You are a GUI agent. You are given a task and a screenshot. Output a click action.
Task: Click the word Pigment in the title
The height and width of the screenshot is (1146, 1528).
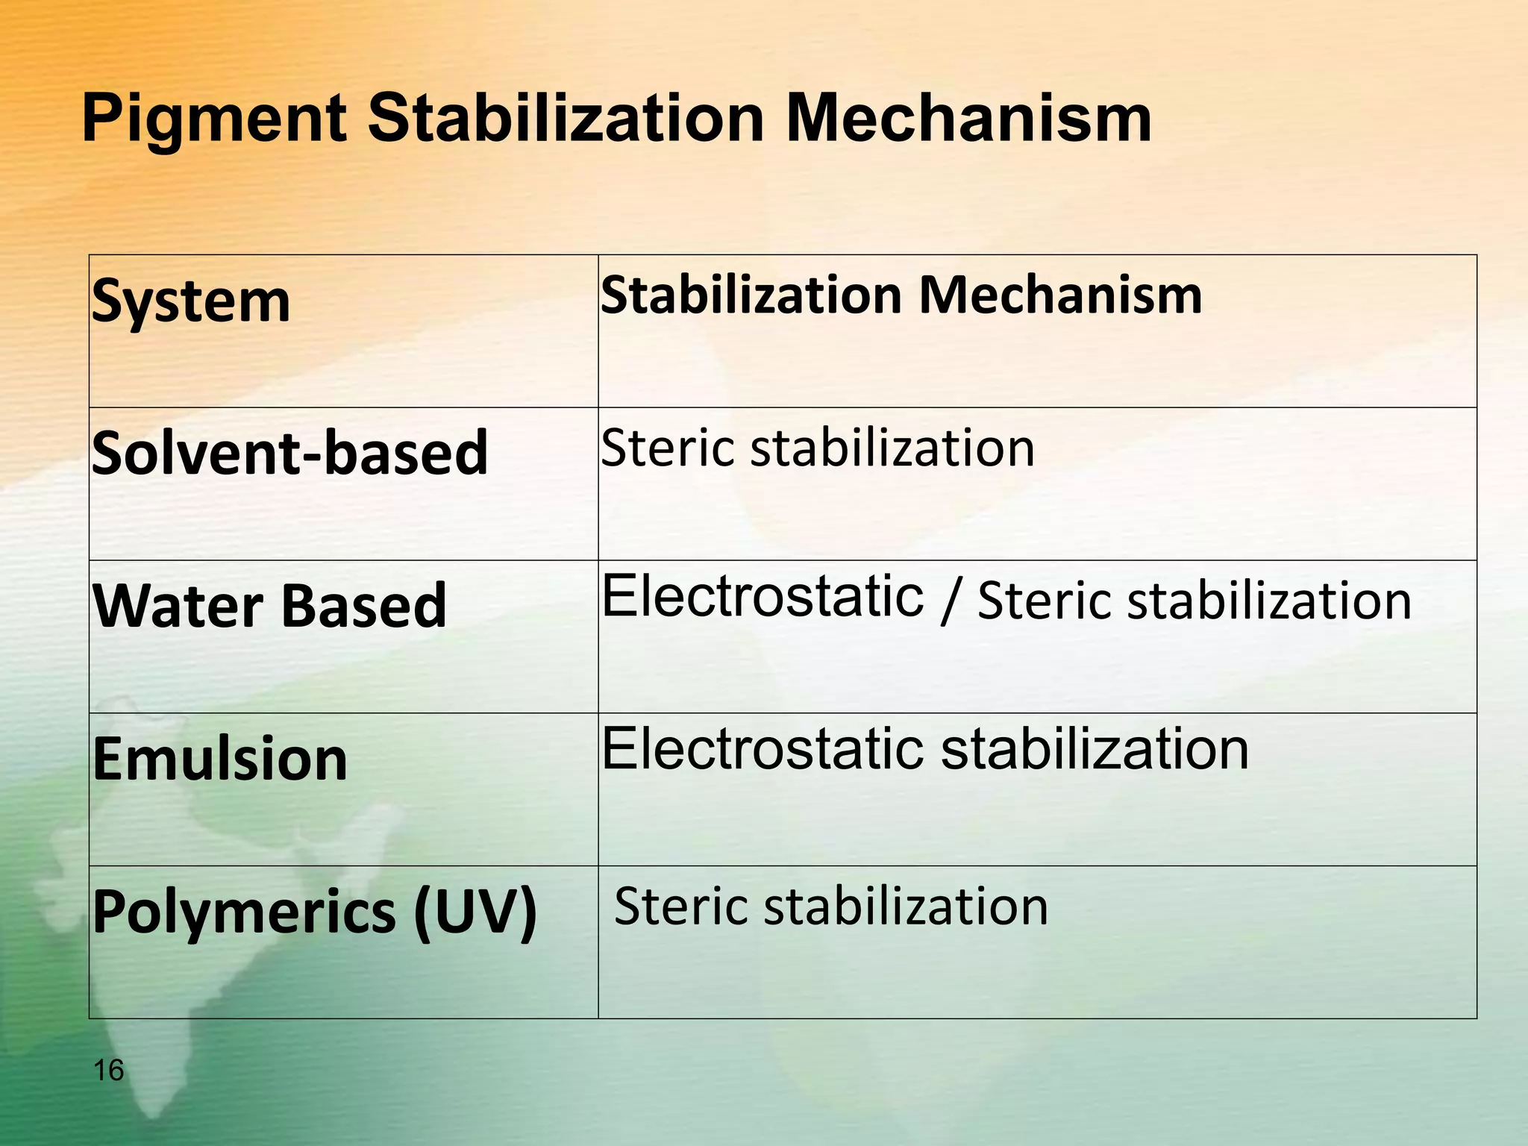click(x=214, y=119)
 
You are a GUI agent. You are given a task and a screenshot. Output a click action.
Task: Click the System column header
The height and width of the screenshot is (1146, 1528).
click(x=191, y=301)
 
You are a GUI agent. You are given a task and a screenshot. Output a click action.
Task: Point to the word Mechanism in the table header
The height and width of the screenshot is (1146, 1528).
click(x=1060, y=295)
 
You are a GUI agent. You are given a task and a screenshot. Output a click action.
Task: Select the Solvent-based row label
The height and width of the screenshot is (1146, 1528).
click(x=289, y=453)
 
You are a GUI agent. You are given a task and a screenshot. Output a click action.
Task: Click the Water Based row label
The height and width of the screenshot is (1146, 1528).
click(x=269, y=605)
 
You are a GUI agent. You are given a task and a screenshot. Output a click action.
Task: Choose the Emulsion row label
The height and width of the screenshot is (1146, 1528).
click(x=220, y=759)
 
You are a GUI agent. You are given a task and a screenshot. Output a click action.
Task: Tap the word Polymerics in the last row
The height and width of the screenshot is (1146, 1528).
click(x=244, y=912)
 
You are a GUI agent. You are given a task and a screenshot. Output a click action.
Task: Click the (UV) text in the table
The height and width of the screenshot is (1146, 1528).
click(x=475, y=912)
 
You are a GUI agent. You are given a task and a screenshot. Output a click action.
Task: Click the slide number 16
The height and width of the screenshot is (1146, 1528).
click(x=109, y=1071)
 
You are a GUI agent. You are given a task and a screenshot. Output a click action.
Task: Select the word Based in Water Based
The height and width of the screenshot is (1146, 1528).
click(x=363, y=605)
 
